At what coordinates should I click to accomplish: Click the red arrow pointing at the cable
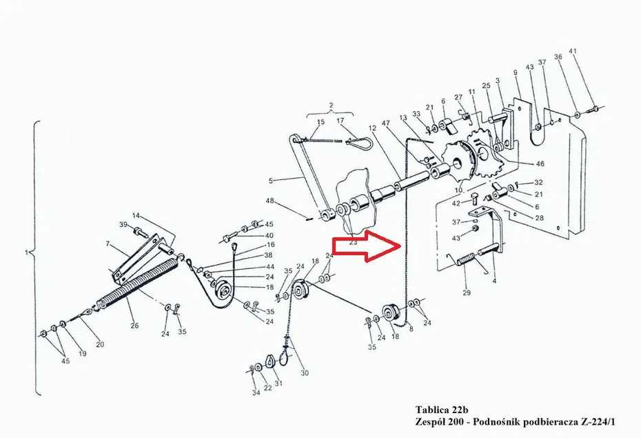click(x=366, y=246)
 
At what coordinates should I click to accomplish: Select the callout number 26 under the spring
click(x=134, y=326)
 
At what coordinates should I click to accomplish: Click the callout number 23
click(x=353, y=241)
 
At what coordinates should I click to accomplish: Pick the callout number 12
click(x=372, y=128)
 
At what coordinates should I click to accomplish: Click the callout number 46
click(x=540, y=163)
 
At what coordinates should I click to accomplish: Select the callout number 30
click(x=305, y=372)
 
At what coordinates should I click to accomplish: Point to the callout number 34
click(x=256, y=392)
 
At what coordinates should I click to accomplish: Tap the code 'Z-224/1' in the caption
click(x=598, y=421)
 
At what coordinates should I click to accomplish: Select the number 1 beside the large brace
click(x=27, y=252)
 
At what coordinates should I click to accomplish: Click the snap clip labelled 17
click(x=359, y=143)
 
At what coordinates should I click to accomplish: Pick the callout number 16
click(x=271, y=245)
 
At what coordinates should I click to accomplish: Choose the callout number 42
click(x=456, y=203)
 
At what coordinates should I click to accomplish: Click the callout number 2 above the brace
click(x=331, y=106)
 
